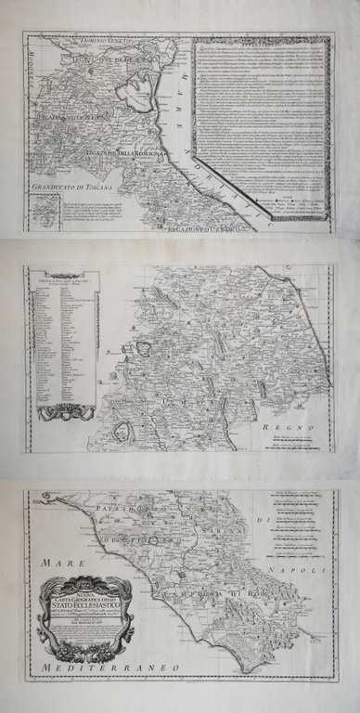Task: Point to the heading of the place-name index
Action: pyautogui.click(x=58, y=279)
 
